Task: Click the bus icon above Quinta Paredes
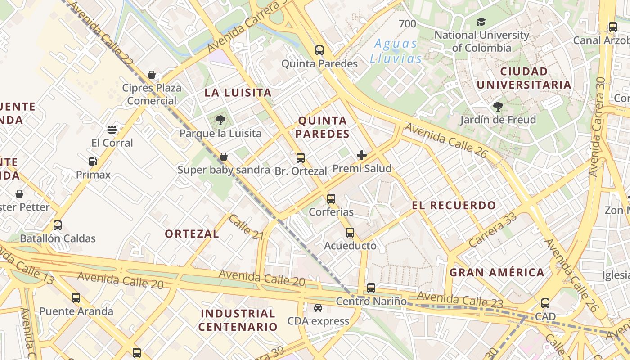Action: [x=319, y=50]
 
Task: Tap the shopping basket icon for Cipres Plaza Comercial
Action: [x=152, y=74]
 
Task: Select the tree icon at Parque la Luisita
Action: [x=220, y=120]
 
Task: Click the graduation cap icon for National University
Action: [x=481, y=22]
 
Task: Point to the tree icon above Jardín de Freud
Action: [x=498, y=107]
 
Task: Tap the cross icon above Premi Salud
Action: [x=362, y=155]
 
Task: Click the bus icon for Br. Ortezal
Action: [x=301, y=158]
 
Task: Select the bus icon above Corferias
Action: [x=331, y=198]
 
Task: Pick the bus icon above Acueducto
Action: [x=350, y=233]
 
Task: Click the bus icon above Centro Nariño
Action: [x=371, y=288]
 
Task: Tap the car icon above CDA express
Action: [x=318, y=308]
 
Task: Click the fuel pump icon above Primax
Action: [x=93, y=161]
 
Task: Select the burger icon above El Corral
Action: [x=112, y=130]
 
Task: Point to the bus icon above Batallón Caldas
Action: [x=58, y=225]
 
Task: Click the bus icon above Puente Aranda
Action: [x=76, y=298]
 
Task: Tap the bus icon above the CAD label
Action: [x=545, y=303]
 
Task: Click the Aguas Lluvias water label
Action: [x=396, y=51]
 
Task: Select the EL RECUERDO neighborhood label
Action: [x=454, y=206]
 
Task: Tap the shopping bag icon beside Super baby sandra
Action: [x=224, y=157]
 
